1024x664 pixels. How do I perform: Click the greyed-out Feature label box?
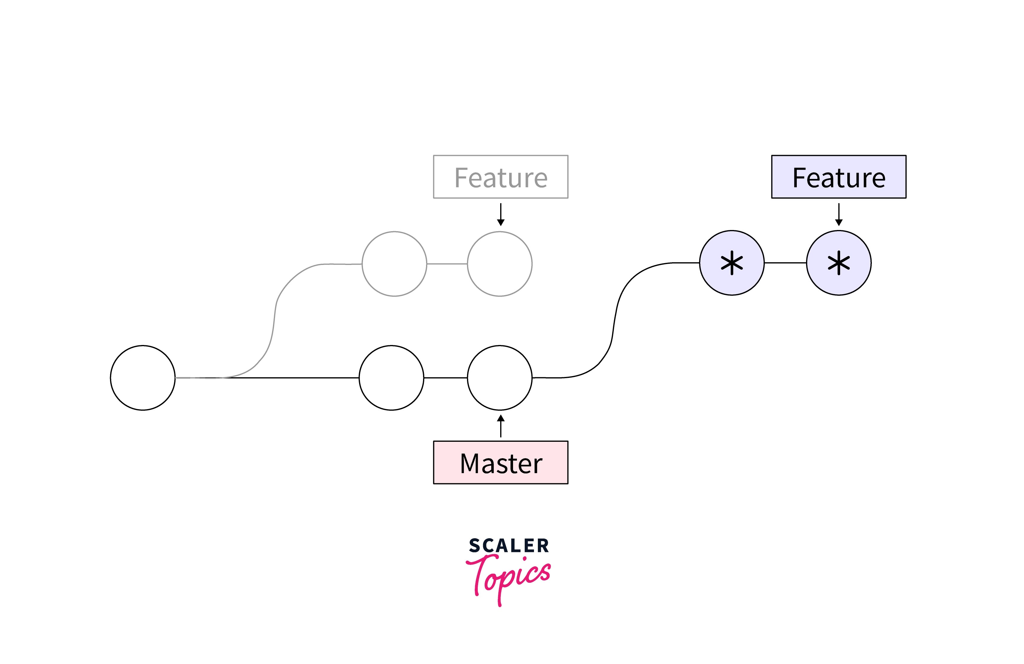coord(500,177)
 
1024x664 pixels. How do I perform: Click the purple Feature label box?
coord(839,177)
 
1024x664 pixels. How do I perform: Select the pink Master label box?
coord(500,462)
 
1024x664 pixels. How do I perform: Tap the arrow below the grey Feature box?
coord(500,214)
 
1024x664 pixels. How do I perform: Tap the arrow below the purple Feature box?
coord(839,214)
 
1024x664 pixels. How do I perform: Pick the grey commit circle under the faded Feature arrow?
coord(500,263)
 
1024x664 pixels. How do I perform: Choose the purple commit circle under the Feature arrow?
coord(839,263)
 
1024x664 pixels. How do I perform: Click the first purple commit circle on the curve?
coord(731,263)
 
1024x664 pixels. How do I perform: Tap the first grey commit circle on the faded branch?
coord(394,263)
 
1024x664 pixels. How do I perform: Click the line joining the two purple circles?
coord(785,263)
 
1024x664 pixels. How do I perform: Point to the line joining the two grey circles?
coord(447,263)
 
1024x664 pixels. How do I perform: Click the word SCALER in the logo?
coord(509,545)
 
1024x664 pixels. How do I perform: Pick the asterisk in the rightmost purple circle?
coord(839,263)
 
